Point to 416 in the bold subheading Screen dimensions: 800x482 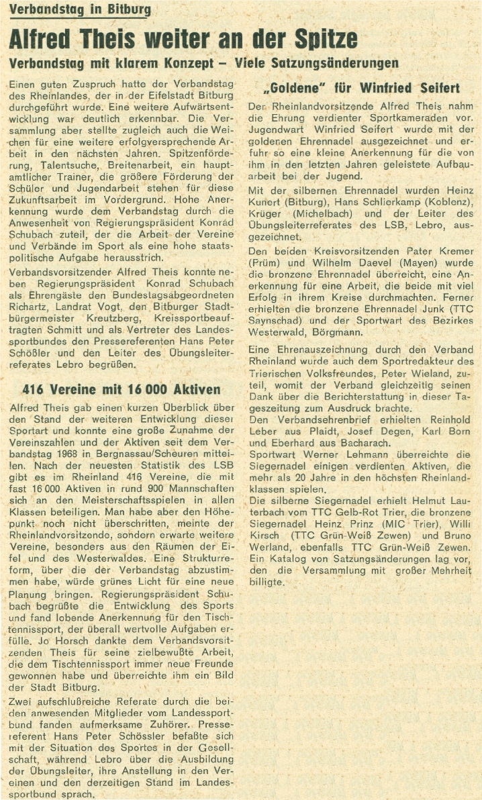(35, 389)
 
